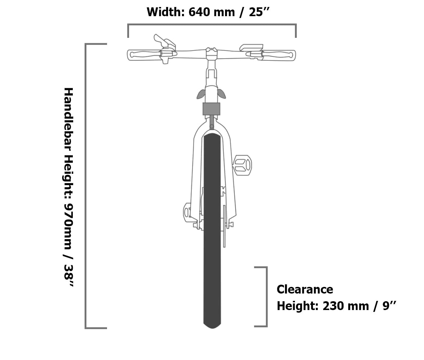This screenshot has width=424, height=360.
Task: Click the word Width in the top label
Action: [x=165, y=12]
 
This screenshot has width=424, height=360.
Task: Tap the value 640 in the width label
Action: [x=198, y=12]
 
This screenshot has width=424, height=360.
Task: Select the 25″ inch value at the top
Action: [x=259, y=12]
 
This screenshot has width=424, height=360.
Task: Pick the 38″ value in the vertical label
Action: [x=68, y=276]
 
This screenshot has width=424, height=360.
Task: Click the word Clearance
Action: [x=305, y=289]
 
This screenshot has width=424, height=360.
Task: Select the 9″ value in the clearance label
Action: [x=389, y=306]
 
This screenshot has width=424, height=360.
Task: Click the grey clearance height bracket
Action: [x=267, y=297]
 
